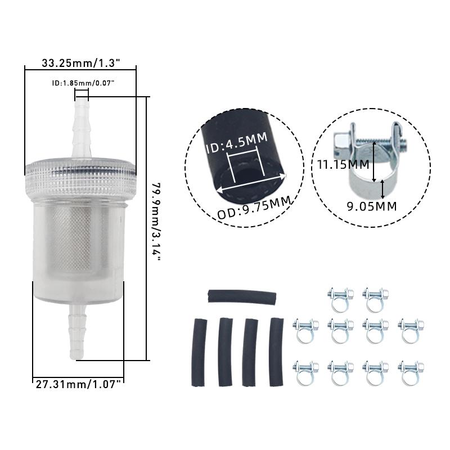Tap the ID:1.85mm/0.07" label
tap(83, 83)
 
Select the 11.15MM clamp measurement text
tap(344, 164)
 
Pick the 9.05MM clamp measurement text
tap(372, 206)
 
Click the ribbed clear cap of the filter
tap(80, 177)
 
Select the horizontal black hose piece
tap(242, 296)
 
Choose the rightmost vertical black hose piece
tap(276, 352)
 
